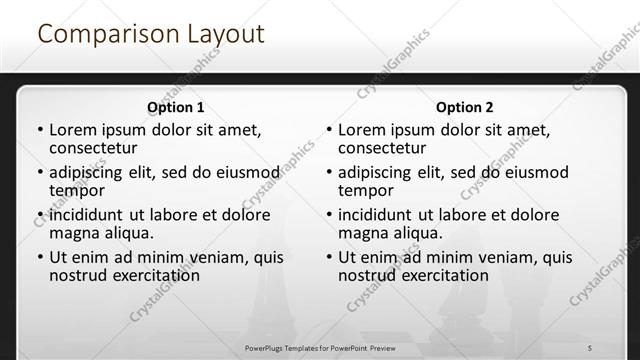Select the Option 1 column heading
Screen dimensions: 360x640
175,107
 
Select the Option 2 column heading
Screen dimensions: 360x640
464,107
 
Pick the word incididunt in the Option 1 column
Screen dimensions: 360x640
87,215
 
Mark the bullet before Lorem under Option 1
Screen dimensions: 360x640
39,131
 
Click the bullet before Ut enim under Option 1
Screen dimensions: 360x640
39,257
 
